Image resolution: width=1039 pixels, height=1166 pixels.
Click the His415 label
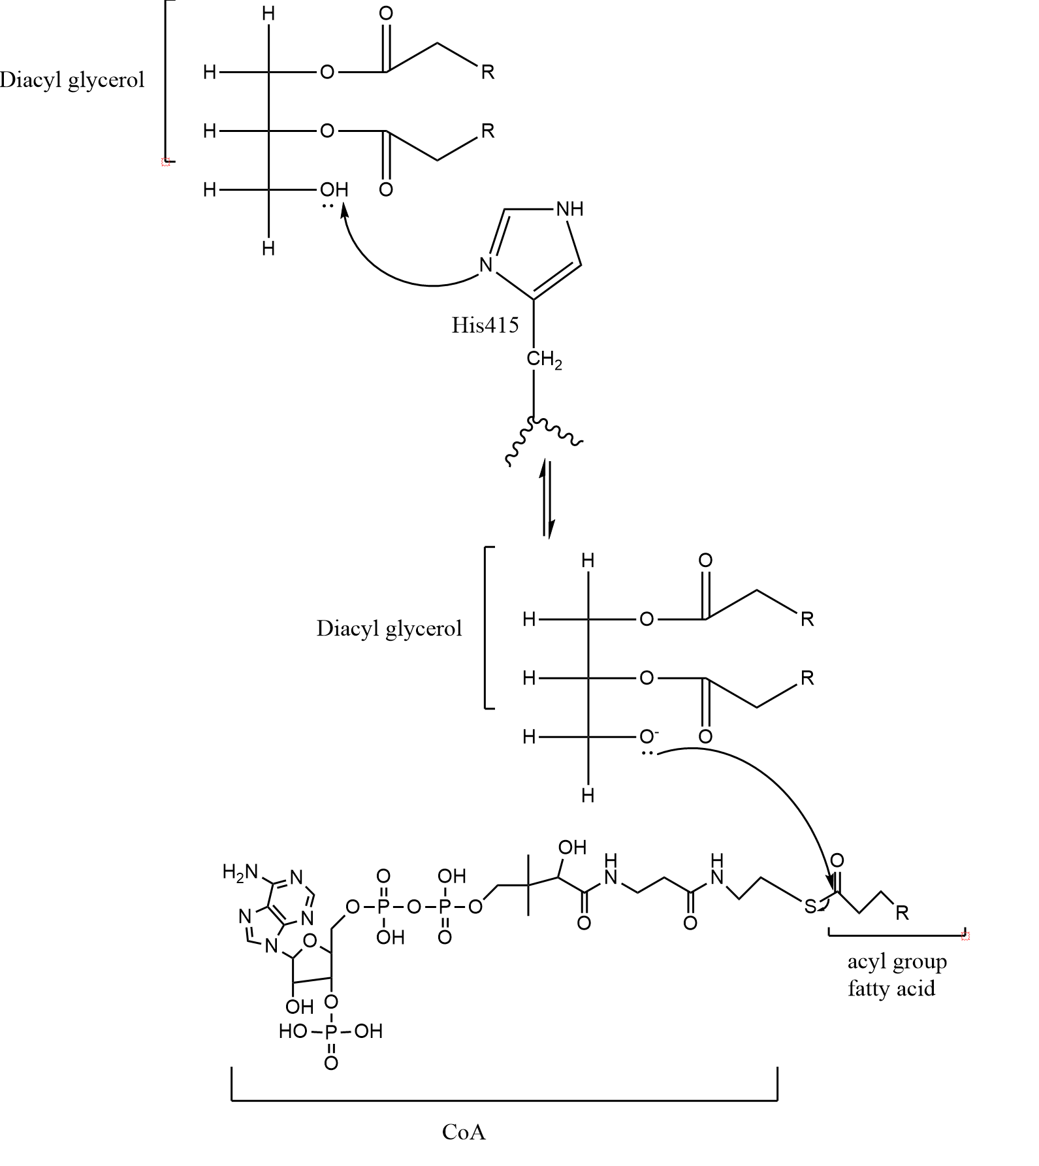pos(485,325)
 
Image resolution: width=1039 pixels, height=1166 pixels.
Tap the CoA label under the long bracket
pos(464,1132)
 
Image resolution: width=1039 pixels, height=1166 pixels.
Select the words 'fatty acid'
pos(891,988)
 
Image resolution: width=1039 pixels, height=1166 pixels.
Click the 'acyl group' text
pos(897,962)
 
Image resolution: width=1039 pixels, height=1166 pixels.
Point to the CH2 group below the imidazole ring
pos(543,360)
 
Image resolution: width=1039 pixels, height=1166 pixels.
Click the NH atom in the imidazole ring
pos(569,210)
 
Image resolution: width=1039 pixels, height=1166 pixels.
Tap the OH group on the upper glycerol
pos(334,190)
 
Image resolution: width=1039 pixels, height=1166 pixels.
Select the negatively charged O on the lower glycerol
pos(647,737)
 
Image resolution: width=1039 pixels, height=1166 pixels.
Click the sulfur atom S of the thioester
pos(810,906)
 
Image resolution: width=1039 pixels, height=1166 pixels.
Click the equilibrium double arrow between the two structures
pos(547,499)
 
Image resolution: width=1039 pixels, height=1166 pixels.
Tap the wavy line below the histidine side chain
pos(544,438)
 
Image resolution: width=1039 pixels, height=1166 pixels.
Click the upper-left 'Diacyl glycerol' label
pos(72,80)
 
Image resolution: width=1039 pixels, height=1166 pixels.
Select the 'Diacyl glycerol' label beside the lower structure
pos(389,628)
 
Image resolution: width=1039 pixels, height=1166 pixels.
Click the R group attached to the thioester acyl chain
pos(902,913)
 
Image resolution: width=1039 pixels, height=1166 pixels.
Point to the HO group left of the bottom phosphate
pos(293,1031)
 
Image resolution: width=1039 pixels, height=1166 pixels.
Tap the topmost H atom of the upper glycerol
pos(268,14)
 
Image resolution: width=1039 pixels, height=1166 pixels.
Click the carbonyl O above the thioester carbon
pos(837,860)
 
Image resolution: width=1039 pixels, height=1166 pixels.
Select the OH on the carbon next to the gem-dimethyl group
pos(572,848)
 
